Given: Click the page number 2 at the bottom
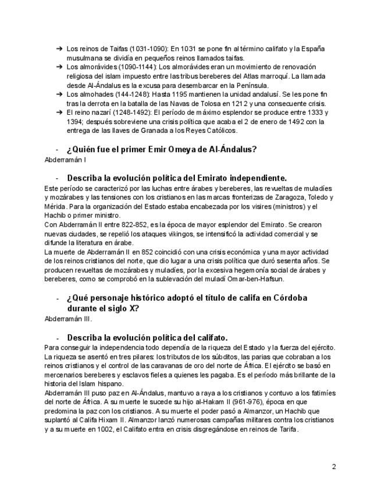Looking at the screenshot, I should pos(334,466).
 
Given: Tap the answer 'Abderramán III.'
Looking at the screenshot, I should pos(68,319).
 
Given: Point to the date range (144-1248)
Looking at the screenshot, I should pos(129,94).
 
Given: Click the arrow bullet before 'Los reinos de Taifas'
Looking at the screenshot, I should pos(59,49).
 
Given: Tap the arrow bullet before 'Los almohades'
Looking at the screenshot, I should pos(59,94).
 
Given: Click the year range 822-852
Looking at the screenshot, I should pos(133,224).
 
